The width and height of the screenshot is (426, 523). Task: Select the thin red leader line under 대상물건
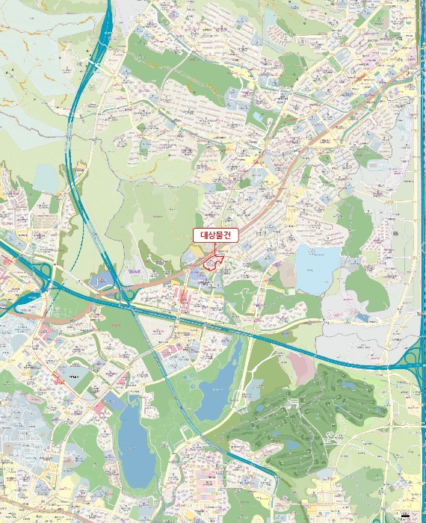[x=216, y=249]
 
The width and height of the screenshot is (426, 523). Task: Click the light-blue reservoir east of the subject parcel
[x=317, y=268]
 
